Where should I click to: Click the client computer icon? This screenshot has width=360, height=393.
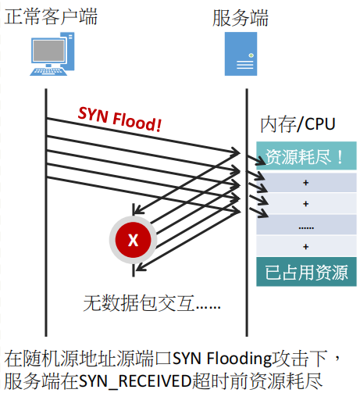[52, 54]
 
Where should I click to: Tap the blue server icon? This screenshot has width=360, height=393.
[241, 54]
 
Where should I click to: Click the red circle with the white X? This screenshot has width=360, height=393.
[133, 240]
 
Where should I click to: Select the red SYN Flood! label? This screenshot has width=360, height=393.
[119, 119]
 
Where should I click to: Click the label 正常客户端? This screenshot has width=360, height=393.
[51, 16]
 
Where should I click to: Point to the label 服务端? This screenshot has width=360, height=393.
[241, 18]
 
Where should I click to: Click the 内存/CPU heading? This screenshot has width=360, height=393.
[298, 124]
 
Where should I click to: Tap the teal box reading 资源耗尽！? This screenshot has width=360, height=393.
[306, 155]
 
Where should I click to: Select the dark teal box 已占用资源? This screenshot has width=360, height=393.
[306, 272]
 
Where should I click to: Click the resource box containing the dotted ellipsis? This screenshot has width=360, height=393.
[306, 225]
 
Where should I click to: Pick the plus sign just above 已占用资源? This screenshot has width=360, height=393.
[306, 247]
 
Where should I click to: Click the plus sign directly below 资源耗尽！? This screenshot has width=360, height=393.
[306, 183]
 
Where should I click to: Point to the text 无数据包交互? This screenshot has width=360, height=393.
[139, 303]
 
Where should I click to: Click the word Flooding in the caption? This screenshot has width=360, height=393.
[239, 359]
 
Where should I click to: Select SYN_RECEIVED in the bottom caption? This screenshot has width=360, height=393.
[135, 381]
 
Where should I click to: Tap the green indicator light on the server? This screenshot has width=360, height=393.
[251, 55]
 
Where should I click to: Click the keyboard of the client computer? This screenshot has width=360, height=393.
[48, 72]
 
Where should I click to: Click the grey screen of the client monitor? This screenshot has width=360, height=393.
[48, 50]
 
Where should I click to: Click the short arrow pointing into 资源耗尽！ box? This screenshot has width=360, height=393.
[256, 160]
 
